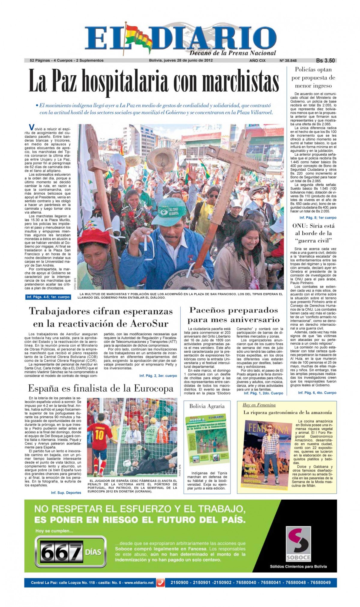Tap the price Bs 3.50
click(x=325, y=60)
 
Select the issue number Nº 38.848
click(x=288, y=61)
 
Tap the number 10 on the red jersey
click(x=99, y=435)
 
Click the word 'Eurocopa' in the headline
click(x=153, y=389)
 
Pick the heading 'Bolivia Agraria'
click(x=207, y=406)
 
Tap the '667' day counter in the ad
click(x=61, y=552)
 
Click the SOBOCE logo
click(x=298, y=544)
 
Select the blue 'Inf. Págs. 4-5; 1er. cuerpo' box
click(x=48, y=297)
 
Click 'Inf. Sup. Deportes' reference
click(x=66, y=493)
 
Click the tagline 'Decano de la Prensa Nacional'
click(x=232, y=53)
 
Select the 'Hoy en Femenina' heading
click(x=259, y=405)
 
